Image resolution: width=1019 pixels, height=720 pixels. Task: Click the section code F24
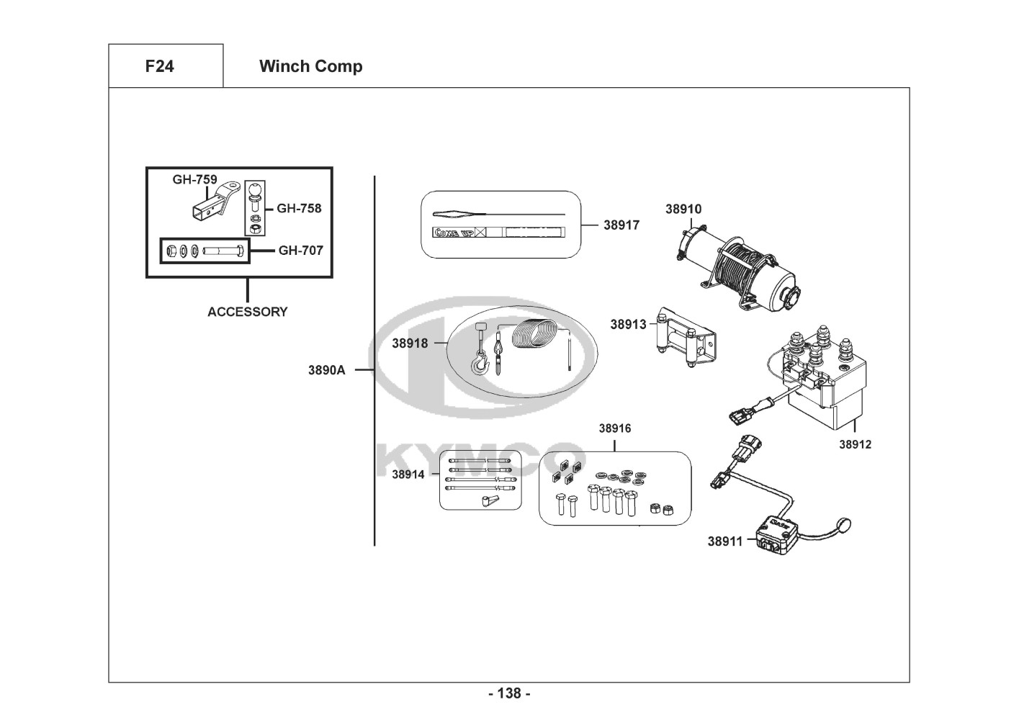pyautogui.click(x=159, y=66)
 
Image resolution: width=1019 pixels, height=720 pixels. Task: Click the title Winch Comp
pyautogui.click(x=310, y=66)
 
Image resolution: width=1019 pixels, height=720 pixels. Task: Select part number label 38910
pyautogui.click(x=683, y=210)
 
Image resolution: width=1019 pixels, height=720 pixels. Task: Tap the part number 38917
pyautogui.click(x=621, y=225)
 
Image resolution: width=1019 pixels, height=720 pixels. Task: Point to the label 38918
pyautogui.click(x=410, y=343)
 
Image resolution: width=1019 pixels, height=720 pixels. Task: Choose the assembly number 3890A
pyautogui.click(x=326, y=370)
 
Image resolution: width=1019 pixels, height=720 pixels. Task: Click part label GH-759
pyautogui.click(x=194, y=180)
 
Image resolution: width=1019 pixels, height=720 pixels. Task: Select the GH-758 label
pyautogui.click(x=299, y=209)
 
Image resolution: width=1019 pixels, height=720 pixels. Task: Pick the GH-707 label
pyautogui.click(x=300, y=251)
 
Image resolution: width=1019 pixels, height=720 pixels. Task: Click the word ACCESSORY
pyautogui.click(x=247, y=312)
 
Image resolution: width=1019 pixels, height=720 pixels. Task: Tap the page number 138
pyautogui.click(x=509, y=693)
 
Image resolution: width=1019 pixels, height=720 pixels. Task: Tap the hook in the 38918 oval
pyautogui.click(x=479, y=364)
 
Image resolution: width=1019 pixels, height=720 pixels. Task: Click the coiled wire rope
pyautogui.click(x=537, y=336)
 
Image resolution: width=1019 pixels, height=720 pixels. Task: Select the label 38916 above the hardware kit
pyautogui.click(x=614, y=428)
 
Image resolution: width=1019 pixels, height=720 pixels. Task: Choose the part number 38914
pyautogui.click(x=408, y=474)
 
